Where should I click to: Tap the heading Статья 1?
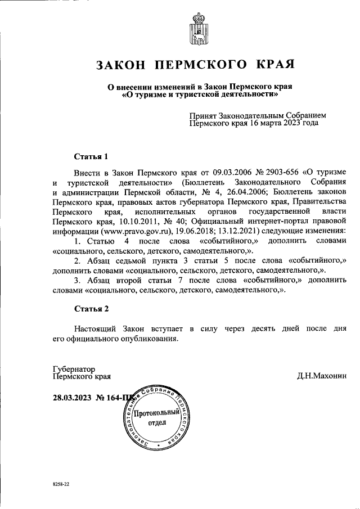click(91, 156)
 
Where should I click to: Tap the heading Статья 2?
click(91, 309)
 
